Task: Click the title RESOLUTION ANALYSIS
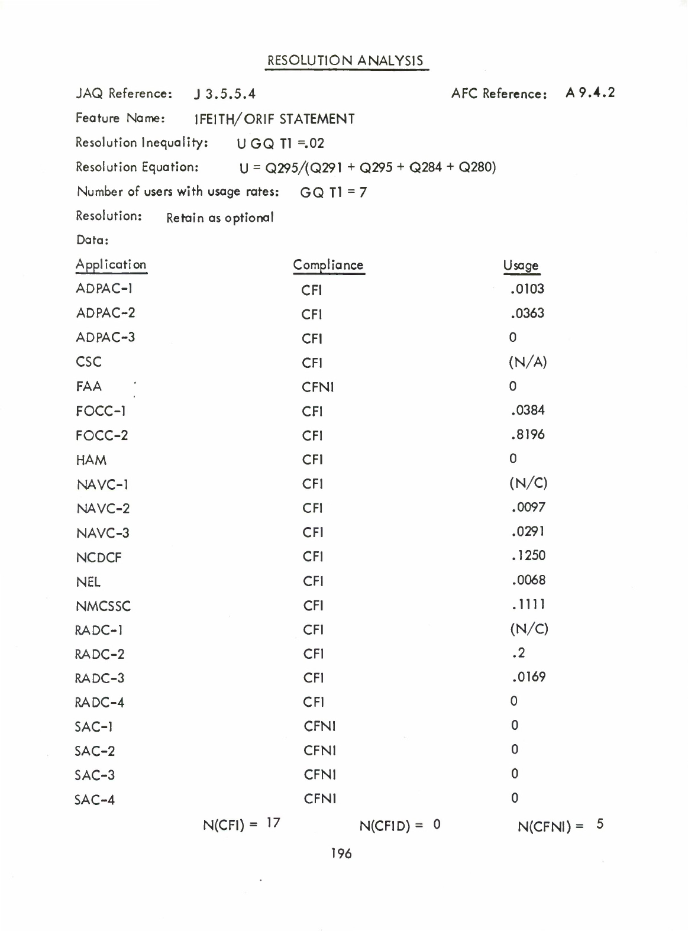tap(345, 61)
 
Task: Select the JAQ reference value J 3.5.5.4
tap(225, 94)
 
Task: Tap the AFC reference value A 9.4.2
tap(590, 93)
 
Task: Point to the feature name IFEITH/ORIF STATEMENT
tap(275, 119)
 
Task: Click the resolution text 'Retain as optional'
tap(220, 218)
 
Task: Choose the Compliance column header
tap(328, 265)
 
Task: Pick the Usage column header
tap(521, 266)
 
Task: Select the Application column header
tap(111, 264)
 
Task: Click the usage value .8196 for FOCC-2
tap(527, 435)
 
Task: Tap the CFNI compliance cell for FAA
tap(318, 387)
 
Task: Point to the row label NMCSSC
tap(104, 606)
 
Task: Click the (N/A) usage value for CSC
tap(527, 362)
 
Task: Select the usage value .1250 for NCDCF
tap(528, 556)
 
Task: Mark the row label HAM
tap(91, 460)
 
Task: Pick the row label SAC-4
tap(95, 800)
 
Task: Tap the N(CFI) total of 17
tap(273, 823)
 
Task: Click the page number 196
tap(341, 854)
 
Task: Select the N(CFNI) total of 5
tap(599, 825)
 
